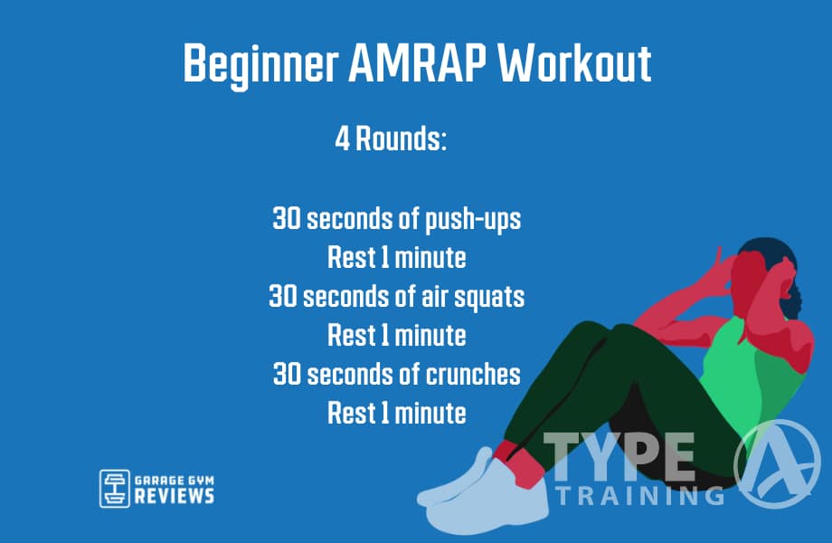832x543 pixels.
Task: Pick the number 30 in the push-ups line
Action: point(288,219)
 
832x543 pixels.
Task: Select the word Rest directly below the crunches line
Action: point(349,414)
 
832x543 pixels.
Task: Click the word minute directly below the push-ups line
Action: point(431,258)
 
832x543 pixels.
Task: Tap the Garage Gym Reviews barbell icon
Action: point(114,488)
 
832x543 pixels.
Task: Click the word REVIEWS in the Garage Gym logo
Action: point(175,496)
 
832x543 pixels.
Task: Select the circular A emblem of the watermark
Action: point(777,463)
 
